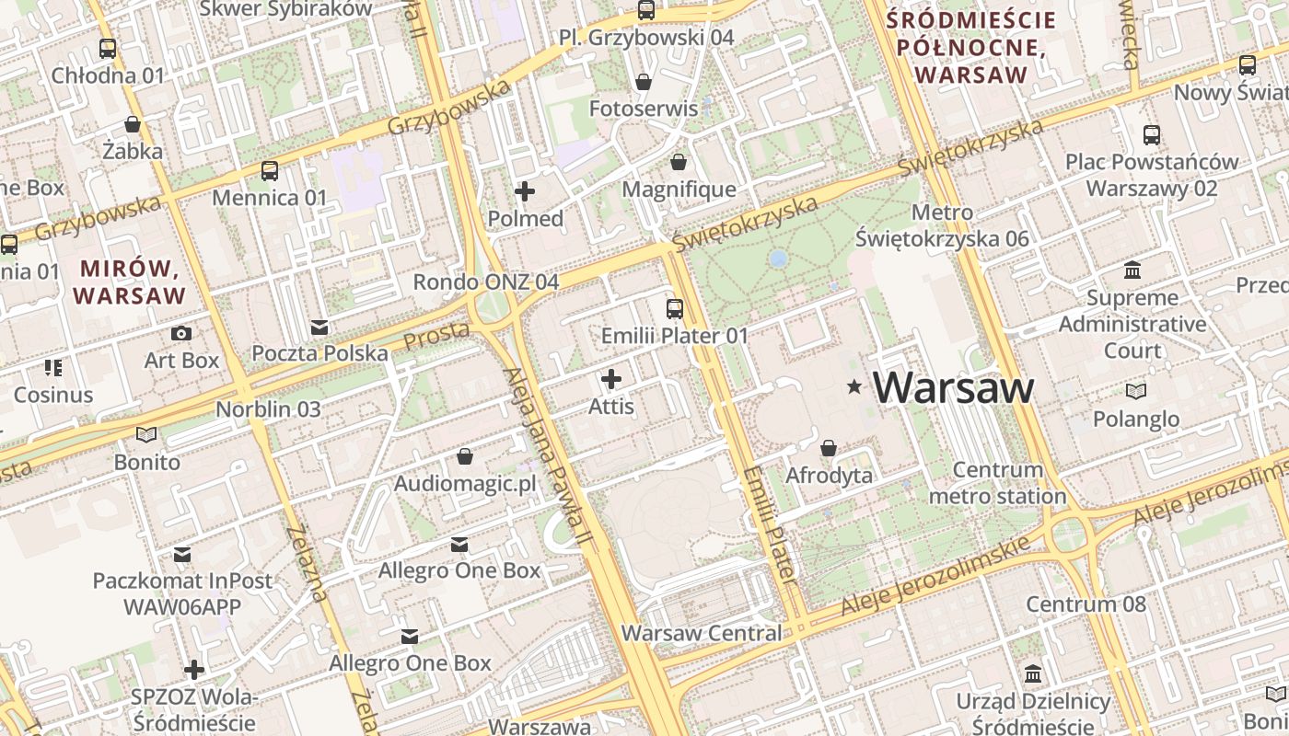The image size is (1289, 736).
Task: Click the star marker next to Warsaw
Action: point(855,388)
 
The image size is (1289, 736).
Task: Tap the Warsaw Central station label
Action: point(702,633)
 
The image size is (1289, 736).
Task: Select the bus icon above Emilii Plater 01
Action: point(675,309)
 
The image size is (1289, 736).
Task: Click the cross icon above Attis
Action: point(611,379)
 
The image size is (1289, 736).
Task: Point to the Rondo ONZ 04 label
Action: point(485,282)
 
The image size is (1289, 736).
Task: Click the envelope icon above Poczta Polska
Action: point(319,328)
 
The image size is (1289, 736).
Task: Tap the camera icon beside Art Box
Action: point(181,334)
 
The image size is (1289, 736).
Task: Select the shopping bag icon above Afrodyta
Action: point(829,449)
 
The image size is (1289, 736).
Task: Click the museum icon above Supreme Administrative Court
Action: point(1132,271)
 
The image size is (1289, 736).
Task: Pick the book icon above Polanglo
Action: point(1136,392)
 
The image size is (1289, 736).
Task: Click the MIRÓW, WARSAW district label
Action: point(130,282)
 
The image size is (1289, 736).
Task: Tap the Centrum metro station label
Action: point(998,483)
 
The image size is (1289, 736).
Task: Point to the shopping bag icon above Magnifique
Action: point(679,163)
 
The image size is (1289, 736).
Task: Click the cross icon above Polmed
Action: point(525,191)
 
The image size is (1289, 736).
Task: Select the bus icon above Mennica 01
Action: point(269,171)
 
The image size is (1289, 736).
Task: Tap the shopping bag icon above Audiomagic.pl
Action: point(465,457)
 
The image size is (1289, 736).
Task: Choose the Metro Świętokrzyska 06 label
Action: point(942,225)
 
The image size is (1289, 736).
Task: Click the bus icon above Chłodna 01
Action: point(108,49)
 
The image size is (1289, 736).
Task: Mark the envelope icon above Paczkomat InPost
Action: point(182,555)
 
